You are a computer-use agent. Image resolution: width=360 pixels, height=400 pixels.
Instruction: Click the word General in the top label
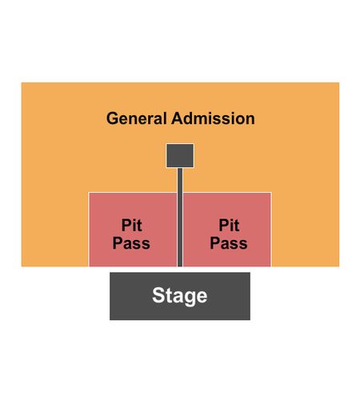(137, 118)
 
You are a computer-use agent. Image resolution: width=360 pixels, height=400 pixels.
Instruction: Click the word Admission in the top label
(213, 118)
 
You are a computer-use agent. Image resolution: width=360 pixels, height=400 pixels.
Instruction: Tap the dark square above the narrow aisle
(180, 156)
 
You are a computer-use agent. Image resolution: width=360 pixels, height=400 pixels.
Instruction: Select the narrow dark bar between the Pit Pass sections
(180, 217)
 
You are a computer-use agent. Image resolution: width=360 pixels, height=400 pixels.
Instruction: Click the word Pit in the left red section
(131, 226)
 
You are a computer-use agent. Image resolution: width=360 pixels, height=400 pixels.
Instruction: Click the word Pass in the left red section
(131, 243)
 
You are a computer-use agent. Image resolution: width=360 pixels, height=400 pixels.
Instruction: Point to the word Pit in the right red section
(229, 226)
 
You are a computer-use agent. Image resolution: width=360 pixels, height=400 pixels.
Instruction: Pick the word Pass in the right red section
(229, 243)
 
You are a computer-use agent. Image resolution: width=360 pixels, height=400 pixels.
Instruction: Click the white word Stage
(180, 296)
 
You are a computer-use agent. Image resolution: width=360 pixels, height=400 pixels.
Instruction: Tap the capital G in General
(112, 118)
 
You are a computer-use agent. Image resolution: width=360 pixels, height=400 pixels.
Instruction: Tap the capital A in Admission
(178, 118)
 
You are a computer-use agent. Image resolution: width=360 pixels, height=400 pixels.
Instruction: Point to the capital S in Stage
(158, 295)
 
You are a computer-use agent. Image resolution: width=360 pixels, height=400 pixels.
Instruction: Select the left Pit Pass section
(133, 230)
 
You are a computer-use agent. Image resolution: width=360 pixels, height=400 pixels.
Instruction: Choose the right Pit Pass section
(227, 230)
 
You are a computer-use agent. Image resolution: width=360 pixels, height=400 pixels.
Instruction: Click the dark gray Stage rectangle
(180, 296)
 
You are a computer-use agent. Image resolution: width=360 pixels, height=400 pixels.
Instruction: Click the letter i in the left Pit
(134, 226)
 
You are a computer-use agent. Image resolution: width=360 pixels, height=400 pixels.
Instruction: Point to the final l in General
(166, 118)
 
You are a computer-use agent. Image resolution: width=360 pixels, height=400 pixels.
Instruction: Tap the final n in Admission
(250, 120)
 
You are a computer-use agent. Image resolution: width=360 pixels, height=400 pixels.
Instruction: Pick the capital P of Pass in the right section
(215, 243)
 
